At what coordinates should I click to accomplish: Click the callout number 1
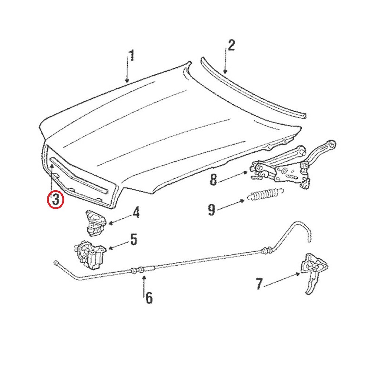click(x=131, y=56)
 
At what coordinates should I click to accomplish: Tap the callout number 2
click(x=231, y=46)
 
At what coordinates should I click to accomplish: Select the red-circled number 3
click(x=56, y=200)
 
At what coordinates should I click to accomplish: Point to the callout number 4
click(x=136, y=212)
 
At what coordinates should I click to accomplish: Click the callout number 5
click(x=133, y=240)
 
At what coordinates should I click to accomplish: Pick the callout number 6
click(x=148, y=297)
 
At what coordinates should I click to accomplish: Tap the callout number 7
click(x=259, y=284)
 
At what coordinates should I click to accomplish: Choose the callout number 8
click(x=214, y=180)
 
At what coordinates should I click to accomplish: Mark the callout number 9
click(x=211, y=210)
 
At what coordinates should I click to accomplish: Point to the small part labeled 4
click(x=94, y=222)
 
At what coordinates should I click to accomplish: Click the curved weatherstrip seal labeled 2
click(x=253, y=88)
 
